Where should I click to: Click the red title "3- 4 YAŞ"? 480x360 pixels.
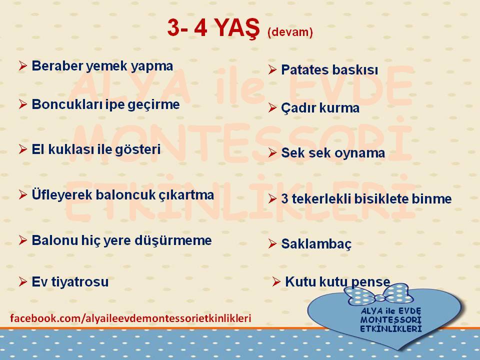tap(213, 28)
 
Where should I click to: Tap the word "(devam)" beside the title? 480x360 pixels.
tap(290, 32)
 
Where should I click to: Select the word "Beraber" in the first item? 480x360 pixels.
tap(57, 65)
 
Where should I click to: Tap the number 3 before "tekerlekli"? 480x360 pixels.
tap(284, 199)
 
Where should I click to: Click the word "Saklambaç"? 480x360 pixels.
tap(316, 244)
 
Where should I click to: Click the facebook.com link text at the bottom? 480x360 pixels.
tap(130, 318)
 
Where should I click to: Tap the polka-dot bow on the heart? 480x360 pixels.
tap(378, 295)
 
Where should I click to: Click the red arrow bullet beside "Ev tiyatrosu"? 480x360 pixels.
tap(23, 281)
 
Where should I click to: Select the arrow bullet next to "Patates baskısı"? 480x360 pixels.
tap(272, 69)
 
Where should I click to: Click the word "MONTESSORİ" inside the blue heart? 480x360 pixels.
tap(391, 320)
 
